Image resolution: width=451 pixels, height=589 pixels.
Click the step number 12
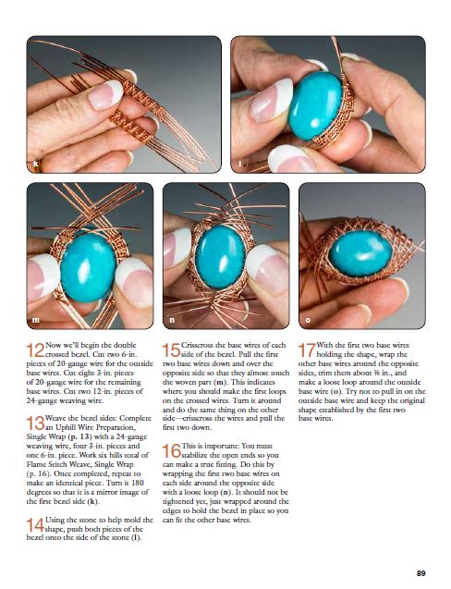pyautogui.click(x=35, y=350)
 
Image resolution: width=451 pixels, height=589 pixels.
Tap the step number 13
pyautogui.click(x=35, y=423)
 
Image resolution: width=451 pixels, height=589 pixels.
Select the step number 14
pyautogui.click(x=35, y=525)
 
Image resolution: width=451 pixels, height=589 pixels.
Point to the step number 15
pyautogui.click(x=171, y=350)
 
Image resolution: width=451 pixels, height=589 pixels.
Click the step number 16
pyautogui.click(x=171, y=451)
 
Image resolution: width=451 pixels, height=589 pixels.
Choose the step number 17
pyautogui.click(x=307, y=350)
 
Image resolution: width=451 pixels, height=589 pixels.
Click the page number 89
pyautogui.click(x=421, y=573)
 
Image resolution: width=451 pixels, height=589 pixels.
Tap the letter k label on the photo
pyautogui.click(x=36, y=165)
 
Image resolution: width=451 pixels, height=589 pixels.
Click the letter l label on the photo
pyautogui.click(x=239, y=165)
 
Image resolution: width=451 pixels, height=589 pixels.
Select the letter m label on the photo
pyautogui.click(x=36, y=320)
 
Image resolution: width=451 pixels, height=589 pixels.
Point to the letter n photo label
pyautogui.click(x=172, y=320)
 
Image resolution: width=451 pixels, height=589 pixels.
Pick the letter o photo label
pyautogui.click(x=308, y=320)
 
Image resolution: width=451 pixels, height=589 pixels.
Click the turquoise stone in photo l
pyautogui.click(x=315, y=105)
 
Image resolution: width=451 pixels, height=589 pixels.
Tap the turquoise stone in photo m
pyautogui.click(x=88, y=267)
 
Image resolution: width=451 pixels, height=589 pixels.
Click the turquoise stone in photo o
pyautogui.click(x=360, y=253)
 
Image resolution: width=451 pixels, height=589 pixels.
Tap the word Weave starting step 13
pyautogui.click(x=55, y=418)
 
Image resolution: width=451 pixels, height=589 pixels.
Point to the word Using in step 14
pyautogui.click(x=55, y=521)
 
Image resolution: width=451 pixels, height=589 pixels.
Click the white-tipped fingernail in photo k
pyautogui.click(x=105, y=94)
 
